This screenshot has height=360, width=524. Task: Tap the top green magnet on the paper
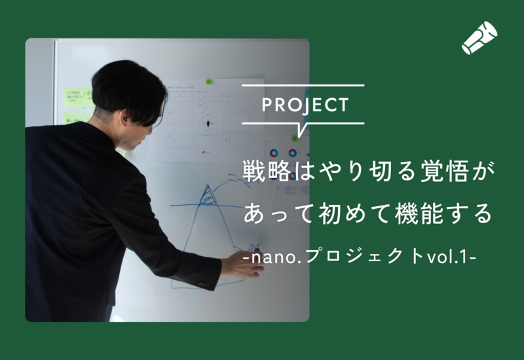coord(209,82)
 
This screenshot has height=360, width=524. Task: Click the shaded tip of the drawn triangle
coord(209,195)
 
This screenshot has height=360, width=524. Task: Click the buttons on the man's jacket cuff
coord(204,284)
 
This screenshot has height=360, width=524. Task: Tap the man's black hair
coord(127,85)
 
